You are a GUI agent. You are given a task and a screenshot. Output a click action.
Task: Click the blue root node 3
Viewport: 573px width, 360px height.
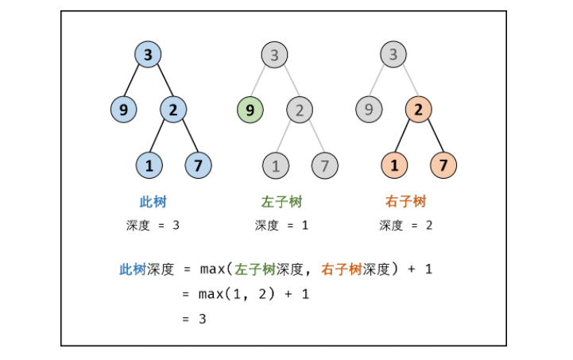148,55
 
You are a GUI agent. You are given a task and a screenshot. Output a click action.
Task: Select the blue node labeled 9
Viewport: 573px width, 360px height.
123,110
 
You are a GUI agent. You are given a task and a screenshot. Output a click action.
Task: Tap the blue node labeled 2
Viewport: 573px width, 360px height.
173,110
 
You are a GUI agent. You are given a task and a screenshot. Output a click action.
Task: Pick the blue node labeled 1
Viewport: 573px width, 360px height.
149,165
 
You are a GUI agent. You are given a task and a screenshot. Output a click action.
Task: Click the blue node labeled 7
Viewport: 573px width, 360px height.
198,165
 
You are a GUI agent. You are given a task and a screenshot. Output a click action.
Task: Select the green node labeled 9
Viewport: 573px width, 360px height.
250,110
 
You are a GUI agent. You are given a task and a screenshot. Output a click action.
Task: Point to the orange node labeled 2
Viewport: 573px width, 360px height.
418,110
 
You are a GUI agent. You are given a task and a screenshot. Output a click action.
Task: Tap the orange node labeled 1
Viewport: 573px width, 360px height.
393,165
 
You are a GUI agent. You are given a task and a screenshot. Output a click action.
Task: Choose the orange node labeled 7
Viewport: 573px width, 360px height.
443,165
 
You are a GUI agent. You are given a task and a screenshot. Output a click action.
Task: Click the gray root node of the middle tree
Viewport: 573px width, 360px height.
274,55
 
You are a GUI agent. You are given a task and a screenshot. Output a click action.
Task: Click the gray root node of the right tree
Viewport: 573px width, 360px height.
393,55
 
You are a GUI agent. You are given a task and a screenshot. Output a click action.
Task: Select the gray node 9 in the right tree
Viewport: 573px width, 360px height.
368,110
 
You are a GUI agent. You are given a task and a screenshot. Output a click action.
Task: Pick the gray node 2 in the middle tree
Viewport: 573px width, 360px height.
300,110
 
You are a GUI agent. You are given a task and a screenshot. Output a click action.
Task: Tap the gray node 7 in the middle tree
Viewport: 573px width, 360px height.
324,165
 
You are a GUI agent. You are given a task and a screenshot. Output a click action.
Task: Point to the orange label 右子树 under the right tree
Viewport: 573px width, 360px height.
405,202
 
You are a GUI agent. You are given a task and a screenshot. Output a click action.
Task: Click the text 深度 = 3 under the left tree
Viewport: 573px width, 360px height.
153,226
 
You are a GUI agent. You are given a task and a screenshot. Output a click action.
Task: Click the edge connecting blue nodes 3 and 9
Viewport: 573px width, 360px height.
135,82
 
